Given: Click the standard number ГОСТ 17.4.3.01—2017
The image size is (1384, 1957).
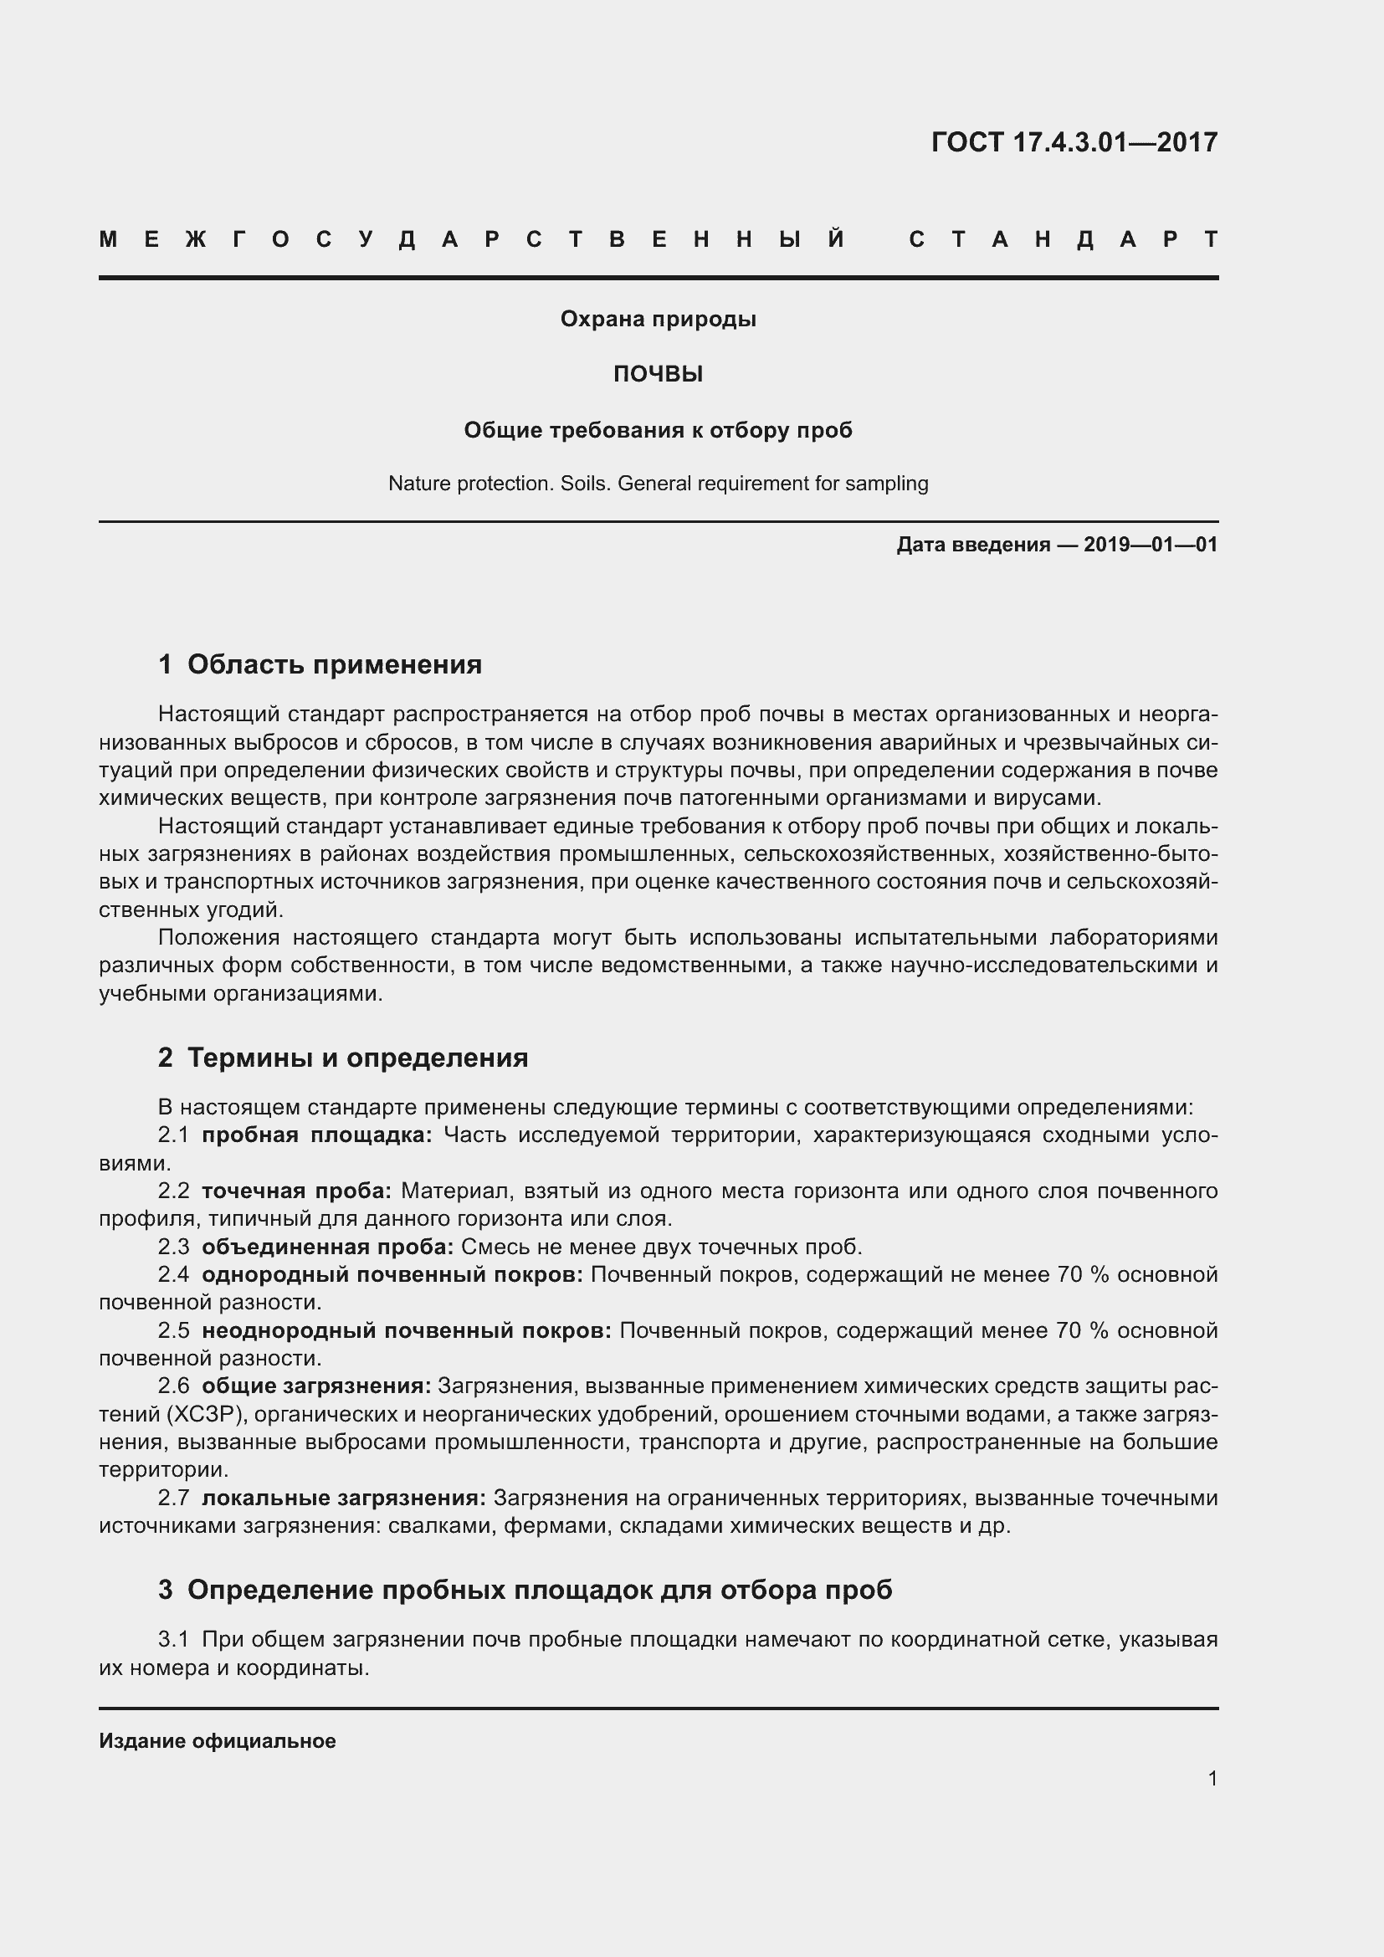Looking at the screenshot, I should click(x=1074, y=141).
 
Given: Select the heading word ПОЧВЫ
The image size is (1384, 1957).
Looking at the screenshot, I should click(x=658, y=374).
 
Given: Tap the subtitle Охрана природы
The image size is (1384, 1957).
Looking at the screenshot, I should click(x=658, y=319).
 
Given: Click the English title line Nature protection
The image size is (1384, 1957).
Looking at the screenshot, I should click(x=658, y=484).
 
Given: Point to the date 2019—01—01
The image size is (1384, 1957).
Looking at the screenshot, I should click(x=1151, y=545).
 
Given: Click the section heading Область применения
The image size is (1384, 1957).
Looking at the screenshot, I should click(x=334, y=664).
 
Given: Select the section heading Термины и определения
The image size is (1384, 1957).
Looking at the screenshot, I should click(x=357, y=1058).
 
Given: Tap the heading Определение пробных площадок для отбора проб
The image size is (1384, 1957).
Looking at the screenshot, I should click(x=540, y=1590).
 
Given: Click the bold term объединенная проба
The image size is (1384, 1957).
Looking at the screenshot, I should click(x=327, y=1247).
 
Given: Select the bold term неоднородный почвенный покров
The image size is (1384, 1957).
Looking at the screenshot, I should click(x=407, y=1330).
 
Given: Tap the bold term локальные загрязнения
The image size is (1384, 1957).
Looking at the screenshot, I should click(x=343, y=1498).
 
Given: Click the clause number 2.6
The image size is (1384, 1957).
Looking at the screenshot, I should click(x=174, y=1386).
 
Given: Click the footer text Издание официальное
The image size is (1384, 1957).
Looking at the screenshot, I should click(x=218, y=1741).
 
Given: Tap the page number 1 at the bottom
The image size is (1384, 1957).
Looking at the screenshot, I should click(x=1212, y=1778).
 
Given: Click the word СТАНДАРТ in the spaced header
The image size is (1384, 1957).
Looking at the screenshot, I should click(x=1064, y=239).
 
